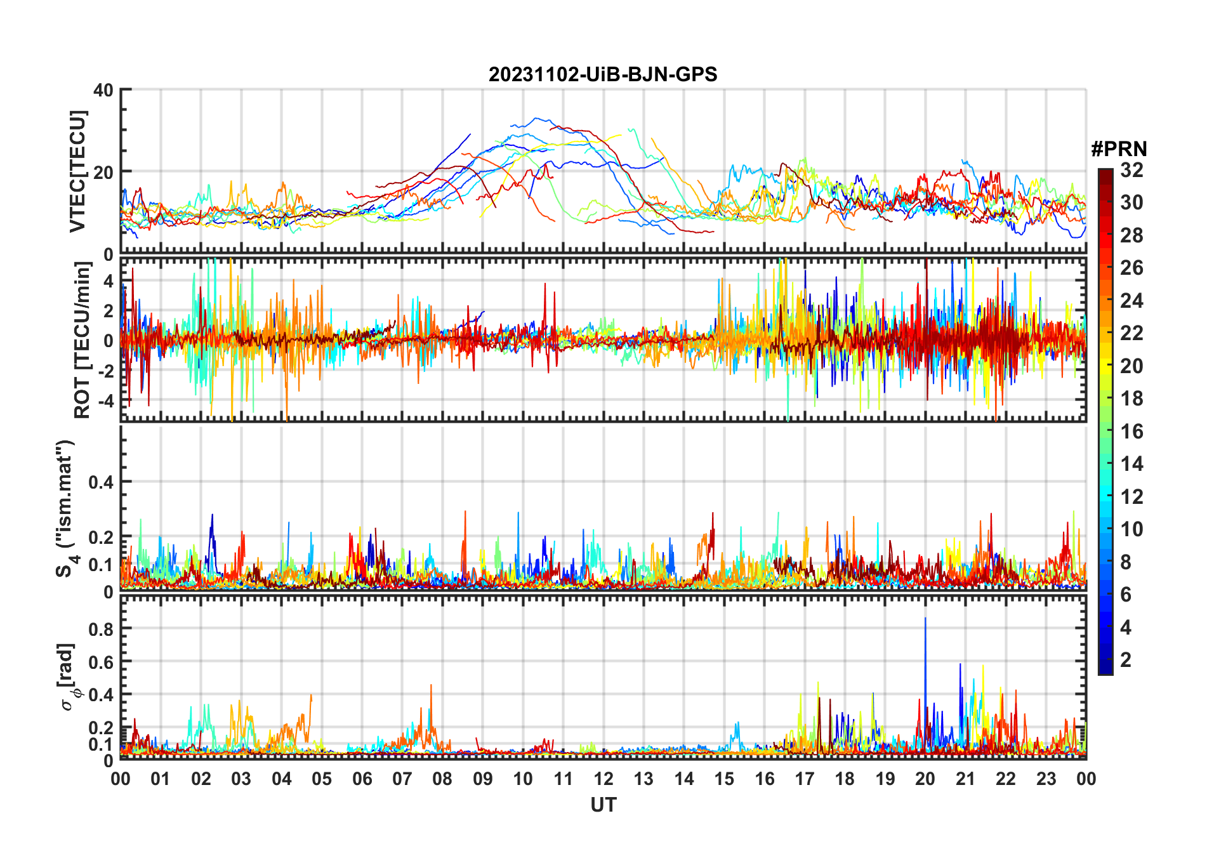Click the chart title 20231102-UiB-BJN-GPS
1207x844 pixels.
pyautogui.click(x=602, y=75)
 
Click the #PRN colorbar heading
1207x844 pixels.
pyautogui.click(x=1119, y=149)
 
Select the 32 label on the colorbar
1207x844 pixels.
pyautogui.click(x=1131, y=170)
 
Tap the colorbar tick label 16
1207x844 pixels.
pyautogui.click(x=1131, y=432)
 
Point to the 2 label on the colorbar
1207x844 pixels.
pyautogui.click(x=1126, y=660)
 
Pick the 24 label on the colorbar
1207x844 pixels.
pyautogui.click(x=1131, y=301)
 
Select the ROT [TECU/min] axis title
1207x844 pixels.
pyautogui.click(x=82, y=340)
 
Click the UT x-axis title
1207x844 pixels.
pyautogui.click(x=603, y=805)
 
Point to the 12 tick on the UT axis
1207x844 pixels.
pyautogui.click(x=603, y=779)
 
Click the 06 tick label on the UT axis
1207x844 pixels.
pyautogui.click(x=362, y=779)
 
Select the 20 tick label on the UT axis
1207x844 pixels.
pyautogui.click(x=925, y=779)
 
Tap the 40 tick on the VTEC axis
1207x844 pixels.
pyautogui.click(x=103, y=91)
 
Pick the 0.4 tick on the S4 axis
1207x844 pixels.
pyautogui.click(x=101, y=482)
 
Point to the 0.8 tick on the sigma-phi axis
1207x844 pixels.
pyautogui.click(x=101, y=629)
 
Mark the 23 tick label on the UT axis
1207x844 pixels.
pyautogui.click(x=1046, y=779)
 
